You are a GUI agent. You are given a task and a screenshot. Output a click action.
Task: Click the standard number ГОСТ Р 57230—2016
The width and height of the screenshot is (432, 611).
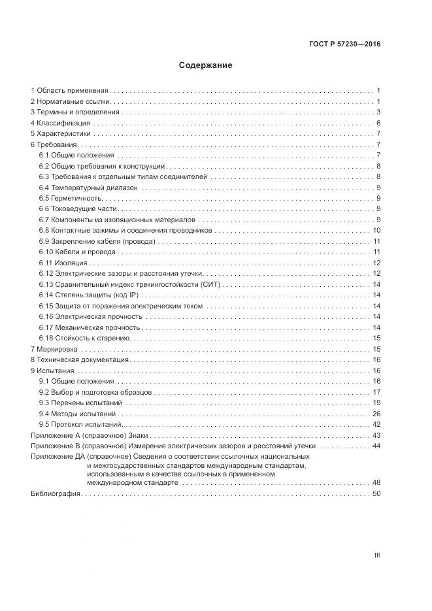pos(344,44)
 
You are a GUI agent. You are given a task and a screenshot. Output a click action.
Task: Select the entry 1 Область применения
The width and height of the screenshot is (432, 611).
pos(70,91)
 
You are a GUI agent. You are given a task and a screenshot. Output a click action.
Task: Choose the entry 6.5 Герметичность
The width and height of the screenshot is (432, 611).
pos(71,198)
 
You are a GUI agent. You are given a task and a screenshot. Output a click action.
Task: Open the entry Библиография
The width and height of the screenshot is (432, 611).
pos(56,493)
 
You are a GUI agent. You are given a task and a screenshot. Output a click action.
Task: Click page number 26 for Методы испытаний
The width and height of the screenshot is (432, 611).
pos(376,414)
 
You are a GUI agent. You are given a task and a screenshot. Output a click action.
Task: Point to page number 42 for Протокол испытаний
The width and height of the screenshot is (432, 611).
pos(376,424)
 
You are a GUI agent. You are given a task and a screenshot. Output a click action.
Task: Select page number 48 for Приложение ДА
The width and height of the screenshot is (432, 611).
pos(376,483)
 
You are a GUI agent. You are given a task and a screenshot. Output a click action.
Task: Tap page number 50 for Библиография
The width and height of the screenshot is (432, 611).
pos(376,493)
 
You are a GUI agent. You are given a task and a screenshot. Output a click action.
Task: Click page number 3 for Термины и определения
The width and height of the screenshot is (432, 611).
pos(378,112)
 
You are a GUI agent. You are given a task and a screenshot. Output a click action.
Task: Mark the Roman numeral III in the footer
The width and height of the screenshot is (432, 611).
pos(376,555)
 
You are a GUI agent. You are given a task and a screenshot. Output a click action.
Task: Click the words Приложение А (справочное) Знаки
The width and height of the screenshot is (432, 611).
pos(90,435)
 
